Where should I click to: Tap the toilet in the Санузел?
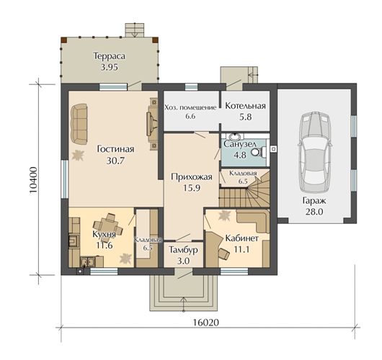click(258, 153)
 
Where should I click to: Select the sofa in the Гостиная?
click(79, 125)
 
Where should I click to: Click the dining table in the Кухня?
click(108, 225)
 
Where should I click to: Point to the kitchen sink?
click(88, 262)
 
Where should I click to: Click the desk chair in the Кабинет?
click(224, 254)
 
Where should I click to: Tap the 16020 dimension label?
click(206, 323)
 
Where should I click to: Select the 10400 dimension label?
click(33, 180)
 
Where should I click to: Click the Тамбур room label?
click(183, 251)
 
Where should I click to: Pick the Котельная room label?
click(245, 106)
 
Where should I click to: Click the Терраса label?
click(110, 56)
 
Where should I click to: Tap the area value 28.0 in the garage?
click(314, 212)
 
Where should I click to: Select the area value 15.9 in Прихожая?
click(192, 188)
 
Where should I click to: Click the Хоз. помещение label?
click(190, 107)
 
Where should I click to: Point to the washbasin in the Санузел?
click(235, 136)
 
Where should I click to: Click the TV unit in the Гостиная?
click(152, 124)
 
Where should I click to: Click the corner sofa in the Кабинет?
click(254, 220)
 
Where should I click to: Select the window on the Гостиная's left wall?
click(65, 179)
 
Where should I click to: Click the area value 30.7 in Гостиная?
click(115, 161)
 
